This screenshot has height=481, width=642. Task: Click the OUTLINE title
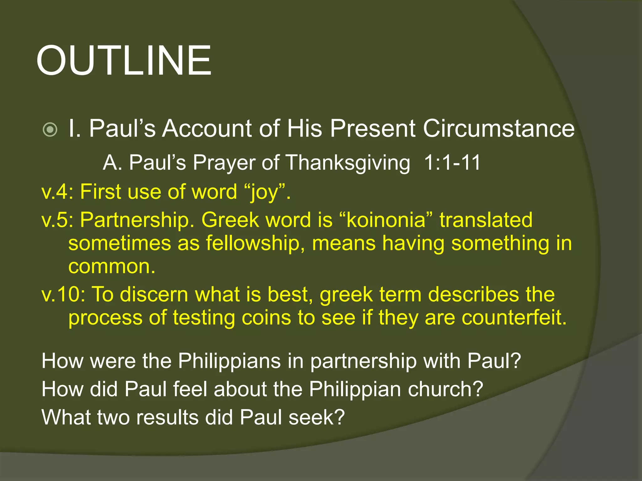[124, 60]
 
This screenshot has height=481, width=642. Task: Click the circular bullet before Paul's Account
[50, 129]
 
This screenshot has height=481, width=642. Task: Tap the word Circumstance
[499, 128]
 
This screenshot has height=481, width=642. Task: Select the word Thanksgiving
[348, 163]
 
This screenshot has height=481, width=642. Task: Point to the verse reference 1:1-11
[452, 163]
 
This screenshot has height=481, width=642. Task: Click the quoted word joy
[264, 192]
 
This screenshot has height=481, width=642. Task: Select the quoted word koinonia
[386, 220]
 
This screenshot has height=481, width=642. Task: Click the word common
[112, 266]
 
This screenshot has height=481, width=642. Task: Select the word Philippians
[229, 361]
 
